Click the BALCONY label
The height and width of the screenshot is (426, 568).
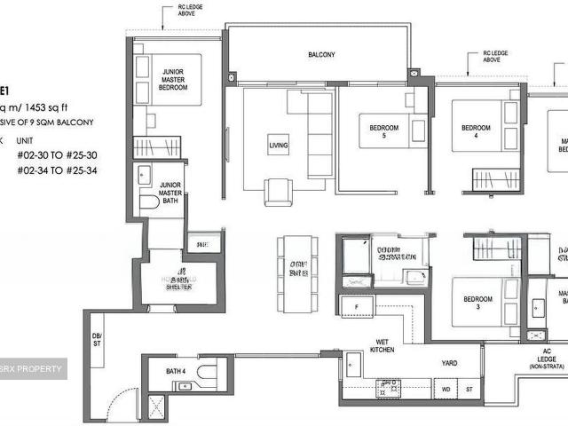[x=321, y=55]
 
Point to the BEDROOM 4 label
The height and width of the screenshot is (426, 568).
[x=475, y=132]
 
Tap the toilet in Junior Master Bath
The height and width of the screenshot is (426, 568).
[x=149, y=203]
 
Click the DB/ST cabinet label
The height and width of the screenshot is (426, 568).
[x=98, y=339]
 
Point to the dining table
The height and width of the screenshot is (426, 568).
[x=296, y=273]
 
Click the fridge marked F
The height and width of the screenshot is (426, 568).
[x=356, y=307]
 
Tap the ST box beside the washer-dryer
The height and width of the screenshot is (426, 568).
[x=469, y=389]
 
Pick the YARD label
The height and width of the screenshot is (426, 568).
[x=447, y=362]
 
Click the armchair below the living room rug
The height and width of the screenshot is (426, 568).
[x=278, y=191]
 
